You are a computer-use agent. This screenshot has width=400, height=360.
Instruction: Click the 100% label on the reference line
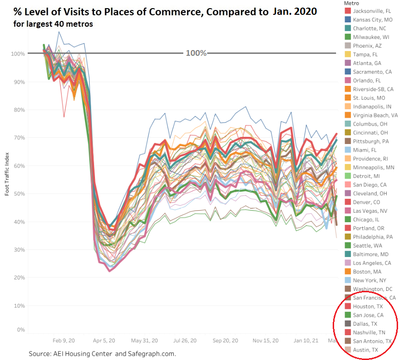[196, 53]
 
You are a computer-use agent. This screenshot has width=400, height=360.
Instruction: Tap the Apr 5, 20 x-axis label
[104, 341]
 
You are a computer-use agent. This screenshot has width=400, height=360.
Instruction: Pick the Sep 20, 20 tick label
[224, 341]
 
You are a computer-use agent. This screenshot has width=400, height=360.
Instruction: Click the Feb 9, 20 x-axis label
[63, 341]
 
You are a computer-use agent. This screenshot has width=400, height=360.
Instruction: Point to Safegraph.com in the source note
[149, 353]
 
